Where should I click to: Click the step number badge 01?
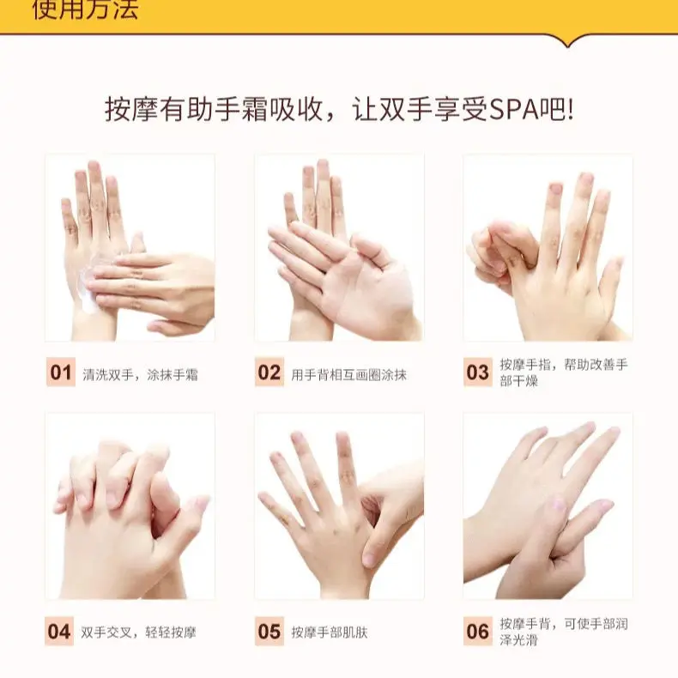61,373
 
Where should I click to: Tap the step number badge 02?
269,373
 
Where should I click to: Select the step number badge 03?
478,373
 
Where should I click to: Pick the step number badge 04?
59,633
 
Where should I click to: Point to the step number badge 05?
269,633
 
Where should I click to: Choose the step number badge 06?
478,633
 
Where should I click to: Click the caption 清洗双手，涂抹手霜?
140,374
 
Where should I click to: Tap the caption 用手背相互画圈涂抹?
348,374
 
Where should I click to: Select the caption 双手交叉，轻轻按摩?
138,633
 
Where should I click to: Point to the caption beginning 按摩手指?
564,372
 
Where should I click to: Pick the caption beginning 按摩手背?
564,632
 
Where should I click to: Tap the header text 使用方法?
85,11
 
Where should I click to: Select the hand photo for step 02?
339,248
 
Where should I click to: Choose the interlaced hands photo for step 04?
130,506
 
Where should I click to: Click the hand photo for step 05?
339,506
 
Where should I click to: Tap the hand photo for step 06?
548,506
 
